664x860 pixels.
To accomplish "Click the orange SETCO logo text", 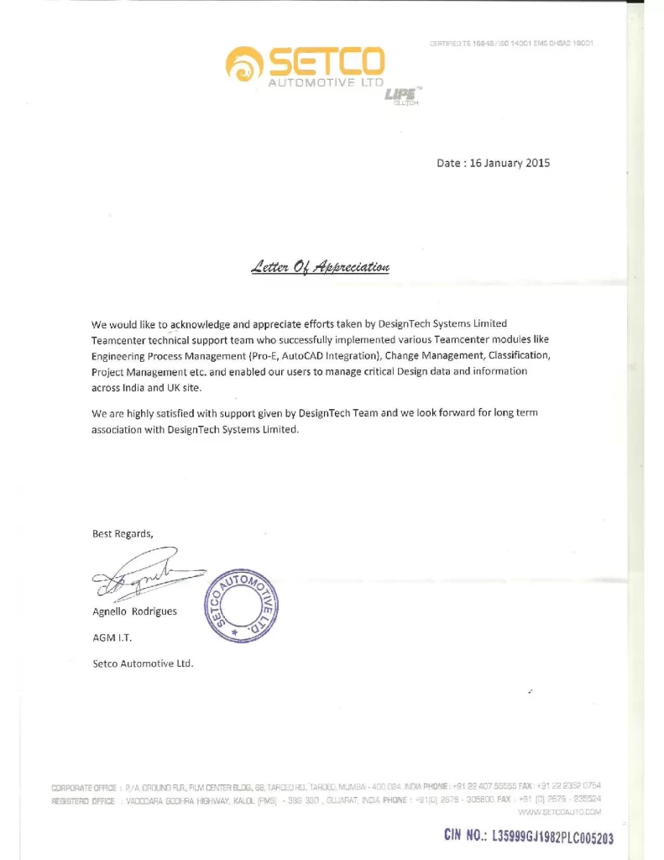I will coord(326,60).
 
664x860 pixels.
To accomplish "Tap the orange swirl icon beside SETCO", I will coord(245,64).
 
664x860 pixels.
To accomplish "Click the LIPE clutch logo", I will coord(402,97).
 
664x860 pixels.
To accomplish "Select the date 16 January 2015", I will coord(493,163).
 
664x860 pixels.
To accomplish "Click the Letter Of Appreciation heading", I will coord(320,268).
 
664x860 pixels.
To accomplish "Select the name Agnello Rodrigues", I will coord(134,611).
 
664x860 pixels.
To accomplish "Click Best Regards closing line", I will coord(123,533).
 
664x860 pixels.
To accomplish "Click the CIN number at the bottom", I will coord(529,837).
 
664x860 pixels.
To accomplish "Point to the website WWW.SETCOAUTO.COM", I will coord(560,812).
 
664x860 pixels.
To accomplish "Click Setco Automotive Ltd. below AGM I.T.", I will coord(143,663).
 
